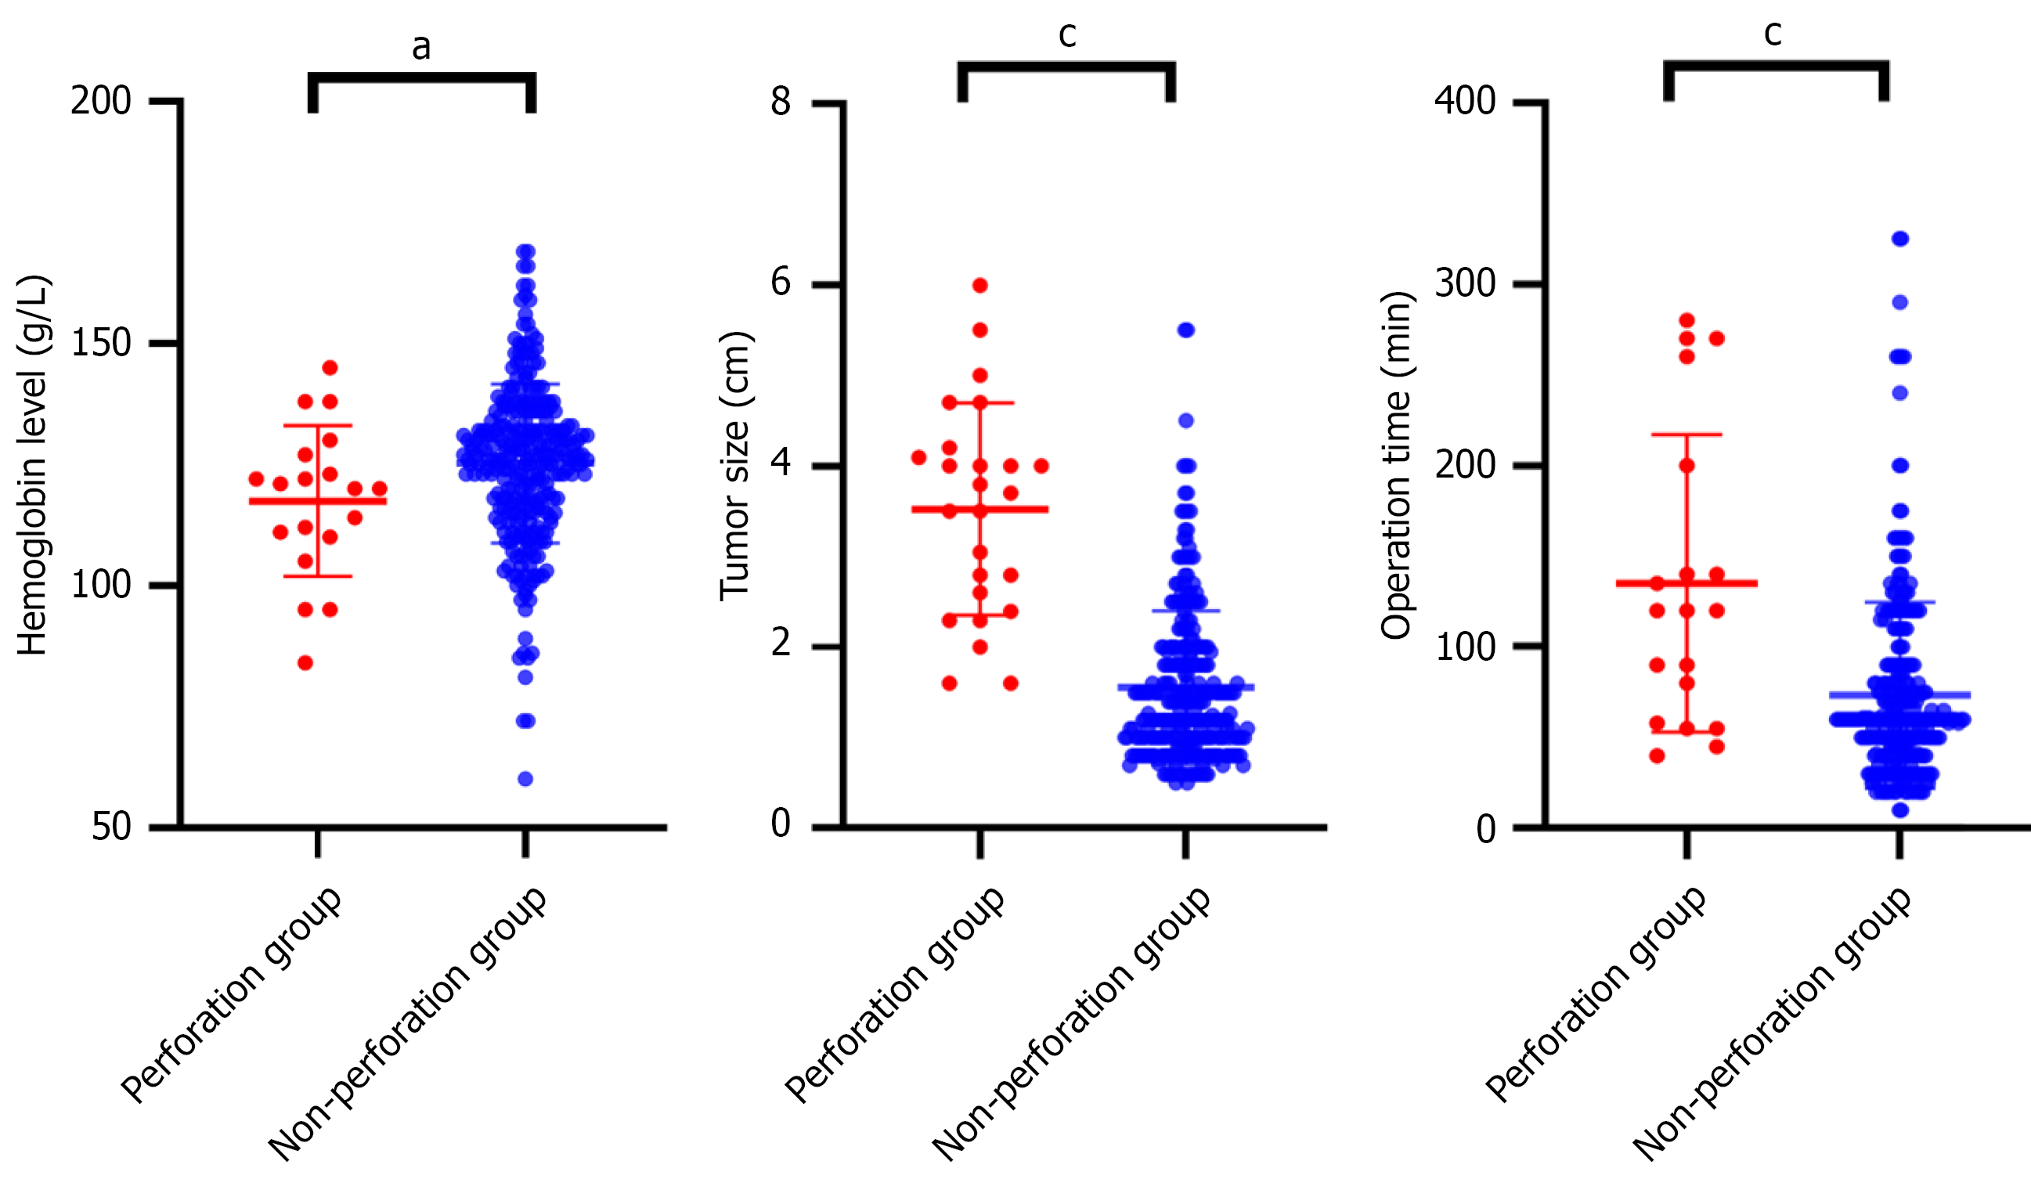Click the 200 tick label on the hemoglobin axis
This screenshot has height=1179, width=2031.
[x=101, y=103]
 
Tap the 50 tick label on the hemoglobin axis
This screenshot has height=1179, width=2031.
[x=111, y=827]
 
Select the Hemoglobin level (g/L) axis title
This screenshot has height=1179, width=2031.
[x=34, y=465]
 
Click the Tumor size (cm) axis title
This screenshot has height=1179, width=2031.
[x=735, y=465]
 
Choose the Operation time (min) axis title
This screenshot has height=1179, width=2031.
[x=1397, y=465]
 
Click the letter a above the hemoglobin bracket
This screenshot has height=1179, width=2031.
[x=420, y=47]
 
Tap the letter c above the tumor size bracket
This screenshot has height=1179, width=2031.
[x=1067, y=34]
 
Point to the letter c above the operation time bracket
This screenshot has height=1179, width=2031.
[x=1773, y=33]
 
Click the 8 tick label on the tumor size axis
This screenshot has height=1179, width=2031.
[x=780, y=103]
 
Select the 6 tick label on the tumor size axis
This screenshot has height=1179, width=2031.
[x=780, y=283]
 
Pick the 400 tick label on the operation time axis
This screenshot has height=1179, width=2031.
[x=1465, y=103]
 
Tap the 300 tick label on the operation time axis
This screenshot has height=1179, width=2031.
[x=1465, y=283]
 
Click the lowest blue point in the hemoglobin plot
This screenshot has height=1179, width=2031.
[x=525, y=778]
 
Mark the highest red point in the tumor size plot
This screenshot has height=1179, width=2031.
[x=980, y=285]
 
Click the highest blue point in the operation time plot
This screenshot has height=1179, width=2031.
[x=1900, y=239]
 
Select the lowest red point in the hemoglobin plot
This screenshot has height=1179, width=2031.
[x=305, y=663]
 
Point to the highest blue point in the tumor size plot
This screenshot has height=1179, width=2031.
[x=1185, y=330]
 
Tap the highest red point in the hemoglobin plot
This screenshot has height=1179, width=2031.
[x=330, y=367]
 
